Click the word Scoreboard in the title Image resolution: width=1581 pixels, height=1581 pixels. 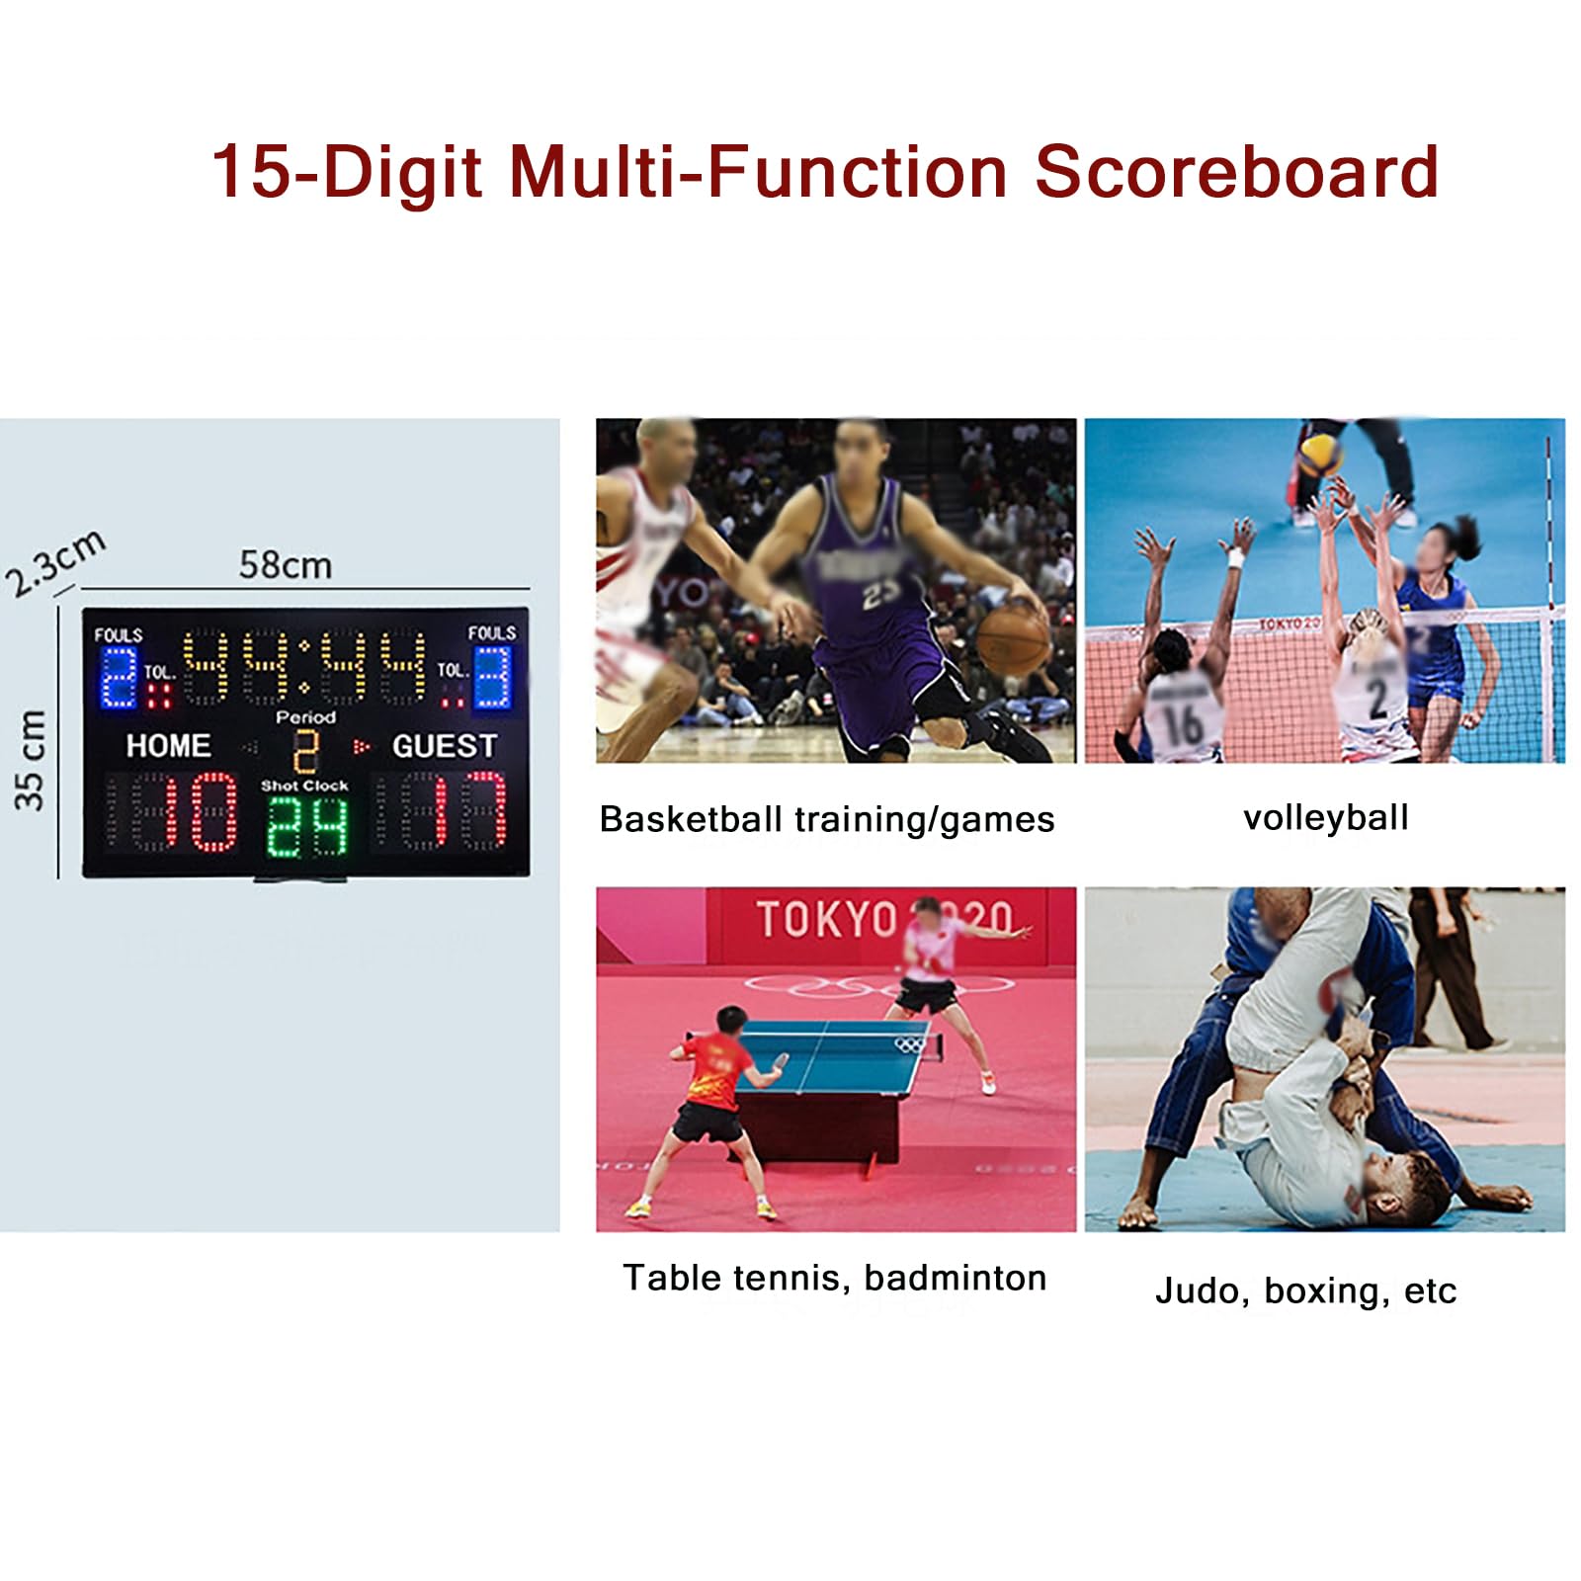coord(1236,172)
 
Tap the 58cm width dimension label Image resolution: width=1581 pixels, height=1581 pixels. coord(286,565)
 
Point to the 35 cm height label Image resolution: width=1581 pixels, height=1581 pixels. coord(31,761)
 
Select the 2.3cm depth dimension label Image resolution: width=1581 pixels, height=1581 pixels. coord(55,563)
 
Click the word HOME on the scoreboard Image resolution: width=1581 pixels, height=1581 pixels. coord(169,746)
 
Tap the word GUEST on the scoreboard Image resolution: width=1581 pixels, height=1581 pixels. coord(445,746)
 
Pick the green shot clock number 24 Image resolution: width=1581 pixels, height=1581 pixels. coord(307,826)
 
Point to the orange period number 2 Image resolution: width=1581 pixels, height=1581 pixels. coord(306,751)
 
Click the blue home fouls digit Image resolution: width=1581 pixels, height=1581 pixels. coord(119,677)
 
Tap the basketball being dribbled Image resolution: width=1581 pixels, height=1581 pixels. coord(1014,640)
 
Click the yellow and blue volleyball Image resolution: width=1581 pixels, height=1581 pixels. coord(1321,454)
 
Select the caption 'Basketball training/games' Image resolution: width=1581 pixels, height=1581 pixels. coord(827,819)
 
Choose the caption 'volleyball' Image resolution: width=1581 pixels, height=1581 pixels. coord(1326,817)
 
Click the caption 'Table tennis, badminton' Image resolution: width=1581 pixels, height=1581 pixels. coord(835,1278)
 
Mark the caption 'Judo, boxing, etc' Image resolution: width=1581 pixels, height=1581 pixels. coord(1306,1290)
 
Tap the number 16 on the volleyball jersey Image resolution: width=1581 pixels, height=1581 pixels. coord(1182,722)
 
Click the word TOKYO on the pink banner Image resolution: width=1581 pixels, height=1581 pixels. coord(828,919)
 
